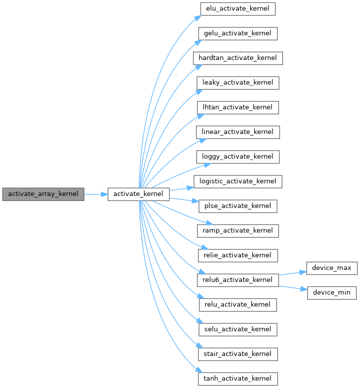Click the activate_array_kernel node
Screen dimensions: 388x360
43,193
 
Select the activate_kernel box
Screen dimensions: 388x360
138,193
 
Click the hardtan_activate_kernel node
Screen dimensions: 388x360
238,58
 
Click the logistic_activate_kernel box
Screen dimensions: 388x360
238,181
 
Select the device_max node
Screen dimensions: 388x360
331,267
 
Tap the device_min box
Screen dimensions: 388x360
331,292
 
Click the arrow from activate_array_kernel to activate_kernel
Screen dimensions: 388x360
95,193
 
